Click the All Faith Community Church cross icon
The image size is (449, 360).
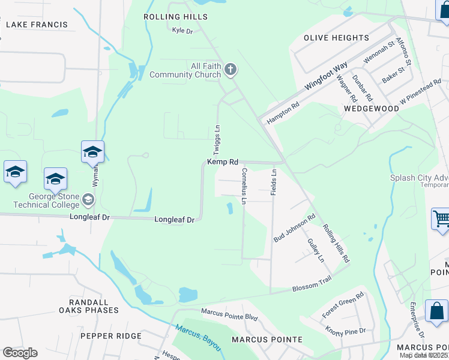coord(230,71)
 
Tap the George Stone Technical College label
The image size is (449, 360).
coord(54,200)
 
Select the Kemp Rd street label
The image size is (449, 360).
coord(223,162)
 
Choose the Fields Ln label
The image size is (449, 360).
coord(274,180)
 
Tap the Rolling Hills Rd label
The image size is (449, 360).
coord(336,244)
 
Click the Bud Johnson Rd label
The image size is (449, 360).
coord(295,228)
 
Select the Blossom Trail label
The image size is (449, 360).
coord(312,288)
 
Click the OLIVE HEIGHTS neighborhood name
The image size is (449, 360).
coord(336,38)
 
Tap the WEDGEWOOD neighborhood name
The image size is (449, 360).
coord(372,109)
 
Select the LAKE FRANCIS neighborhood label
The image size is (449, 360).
coord(37,25)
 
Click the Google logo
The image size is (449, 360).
coord(20,353)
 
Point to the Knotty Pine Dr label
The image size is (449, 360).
coord(345,331)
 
